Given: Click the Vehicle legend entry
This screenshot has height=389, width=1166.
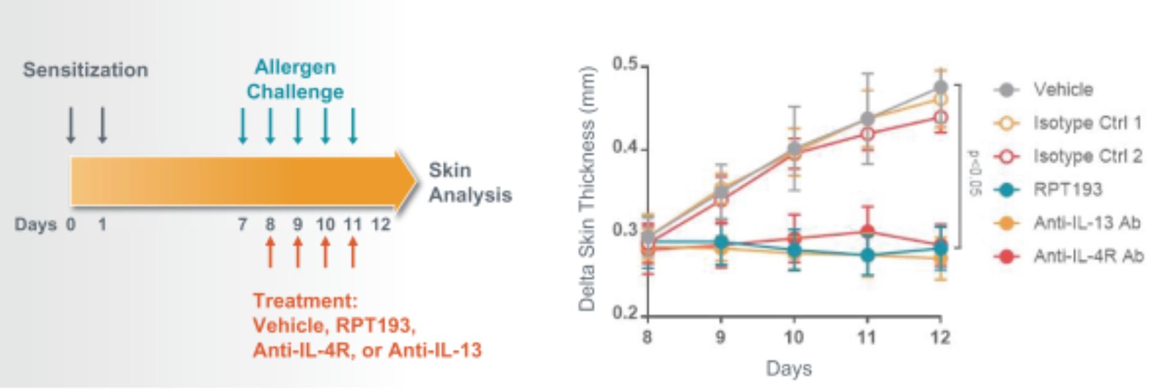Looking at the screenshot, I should [1063, 90].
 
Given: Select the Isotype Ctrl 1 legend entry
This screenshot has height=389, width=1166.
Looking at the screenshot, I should [1087, 123].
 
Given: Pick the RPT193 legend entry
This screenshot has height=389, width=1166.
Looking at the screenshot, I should [1067, 190].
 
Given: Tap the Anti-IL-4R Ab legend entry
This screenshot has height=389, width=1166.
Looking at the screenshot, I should [1088, 256].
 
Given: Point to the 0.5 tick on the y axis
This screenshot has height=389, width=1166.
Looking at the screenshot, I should [624, 65].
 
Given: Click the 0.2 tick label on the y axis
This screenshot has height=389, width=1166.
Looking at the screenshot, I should [624, 314].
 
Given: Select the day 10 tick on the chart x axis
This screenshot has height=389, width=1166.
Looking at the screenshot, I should [794, 337].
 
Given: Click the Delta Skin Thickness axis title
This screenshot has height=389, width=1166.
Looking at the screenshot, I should [587, 188].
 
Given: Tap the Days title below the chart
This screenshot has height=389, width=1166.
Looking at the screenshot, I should [789, 369].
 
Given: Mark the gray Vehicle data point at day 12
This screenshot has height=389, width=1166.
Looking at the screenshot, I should [940, 87].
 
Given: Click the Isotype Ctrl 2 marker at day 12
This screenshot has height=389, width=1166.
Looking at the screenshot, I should [940, 117].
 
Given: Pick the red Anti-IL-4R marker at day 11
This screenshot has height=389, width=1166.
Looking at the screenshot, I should [867, 231].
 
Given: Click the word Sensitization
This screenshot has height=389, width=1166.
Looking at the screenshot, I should [86, 70].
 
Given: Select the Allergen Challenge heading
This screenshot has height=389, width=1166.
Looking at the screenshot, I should [295, 79].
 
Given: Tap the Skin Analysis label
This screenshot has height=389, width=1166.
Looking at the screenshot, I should [470, 183].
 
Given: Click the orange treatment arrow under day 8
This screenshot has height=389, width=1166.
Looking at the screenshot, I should [270, 252].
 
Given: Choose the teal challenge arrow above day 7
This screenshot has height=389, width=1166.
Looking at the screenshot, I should [243, 126].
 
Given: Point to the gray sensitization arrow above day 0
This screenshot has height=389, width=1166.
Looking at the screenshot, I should [71, 126].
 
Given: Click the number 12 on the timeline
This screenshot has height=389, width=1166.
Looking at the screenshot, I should [380, 225].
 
